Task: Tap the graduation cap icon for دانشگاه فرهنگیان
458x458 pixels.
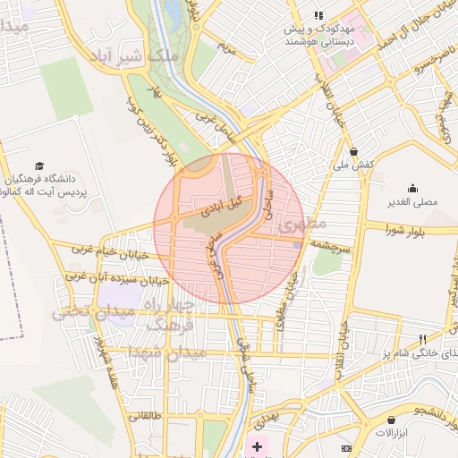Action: click(x=38, y=165)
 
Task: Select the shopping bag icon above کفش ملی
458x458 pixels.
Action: click(x=354, y=152)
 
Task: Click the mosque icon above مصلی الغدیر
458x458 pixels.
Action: click(x=412, y=188)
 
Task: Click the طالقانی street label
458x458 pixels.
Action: click(x=145, y=415)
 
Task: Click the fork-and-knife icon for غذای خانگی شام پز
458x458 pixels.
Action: click(x=422, y=339)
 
